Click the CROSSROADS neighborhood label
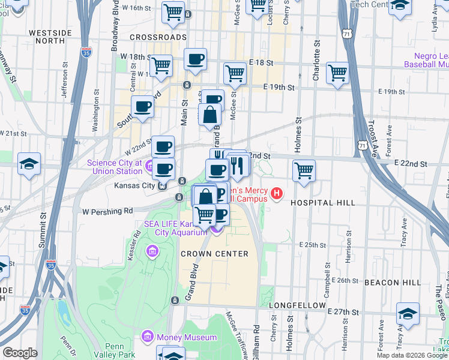[158, 37]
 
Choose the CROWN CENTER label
[214, 254]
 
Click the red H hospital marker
[277, 193]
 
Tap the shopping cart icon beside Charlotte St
[338, 73]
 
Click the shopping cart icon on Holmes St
[304, 170]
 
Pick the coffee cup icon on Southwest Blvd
[143, 106]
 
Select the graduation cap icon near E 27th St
[408, 314]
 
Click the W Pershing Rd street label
[107, 211]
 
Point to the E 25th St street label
[312, 245]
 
